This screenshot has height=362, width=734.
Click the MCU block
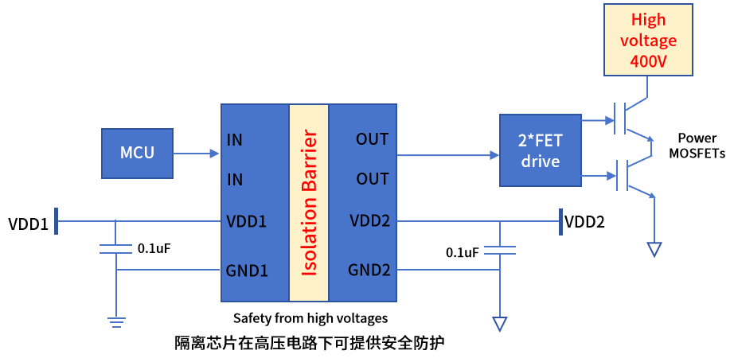click(x=137, y=154)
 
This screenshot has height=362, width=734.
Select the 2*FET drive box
click(x=541, y=150)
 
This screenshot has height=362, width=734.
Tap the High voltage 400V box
click(x=648, y=40)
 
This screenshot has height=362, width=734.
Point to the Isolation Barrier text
click(x=309, y=204)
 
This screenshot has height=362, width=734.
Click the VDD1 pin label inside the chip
click(x=246, y=220)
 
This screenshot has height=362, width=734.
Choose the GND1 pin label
click(x=247, y=271)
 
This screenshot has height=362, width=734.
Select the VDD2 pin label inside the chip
click(x=369, y=220)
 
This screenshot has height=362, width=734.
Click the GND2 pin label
click(x=369, y=270)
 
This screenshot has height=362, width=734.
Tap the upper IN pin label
click(x=235, y=139)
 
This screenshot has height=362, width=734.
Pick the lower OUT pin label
click(x=372, y=179)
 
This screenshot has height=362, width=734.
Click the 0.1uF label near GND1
click(x=154, y=248)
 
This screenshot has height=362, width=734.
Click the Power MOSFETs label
click(x=697, y=146)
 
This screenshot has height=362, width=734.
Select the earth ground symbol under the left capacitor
click(x=116, y=321)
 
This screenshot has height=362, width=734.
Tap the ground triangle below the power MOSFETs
click(x=654, y=249)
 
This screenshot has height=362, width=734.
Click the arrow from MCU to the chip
click(x=196, y=153)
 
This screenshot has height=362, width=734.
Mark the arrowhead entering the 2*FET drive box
click(x=495, y=155)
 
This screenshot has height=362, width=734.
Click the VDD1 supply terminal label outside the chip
click(x=28, y=223)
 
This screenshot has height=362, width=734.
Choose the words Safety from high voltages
click(x=310, y=318)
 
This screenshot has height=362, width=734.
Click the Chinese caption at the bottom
click(x=309, y=343)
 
